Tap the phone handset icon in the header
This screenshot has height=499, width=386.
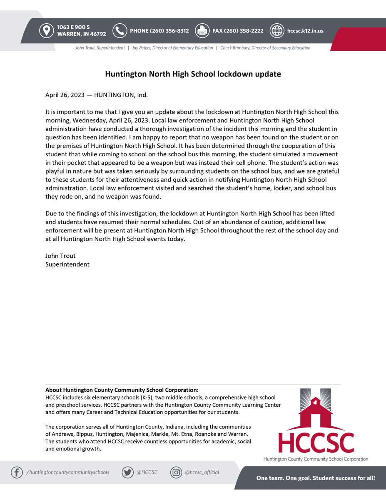(120, 31)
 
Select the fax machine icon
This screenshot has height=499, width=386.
(202, 31)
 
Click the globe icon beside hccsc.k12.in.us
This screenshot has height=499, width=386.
(276, 31)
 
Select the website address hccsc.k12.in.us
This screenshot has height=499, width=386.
(305, 31)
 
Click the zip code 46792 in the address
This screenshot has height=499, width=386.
(97, 34)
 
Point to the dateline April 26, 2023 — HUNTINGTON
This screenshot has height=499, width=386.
(96, 95)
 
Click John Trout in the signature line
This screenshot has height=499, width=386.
(60, 256)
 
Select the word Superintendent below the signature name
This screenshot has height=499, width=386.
(67, 264)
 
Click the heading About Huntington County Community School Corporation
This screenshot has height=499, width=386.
(122, 390)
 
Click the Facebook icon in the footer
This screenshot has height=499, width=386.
(17, 472)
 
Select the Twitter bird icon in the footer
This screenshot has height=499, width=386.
(127, 472)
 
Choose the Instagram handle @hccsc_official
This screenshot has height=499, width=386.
(202, 472)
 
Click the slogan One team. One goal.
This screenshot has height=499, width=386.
(291, 478)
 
